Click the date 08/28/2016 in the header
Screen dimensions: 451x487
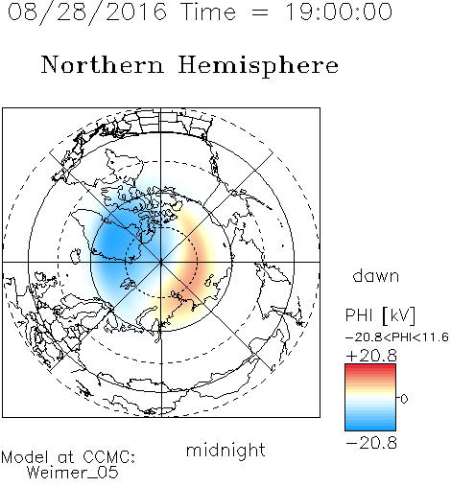coord(87,12)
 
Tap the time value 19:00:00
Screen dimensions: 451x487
coord(338,12)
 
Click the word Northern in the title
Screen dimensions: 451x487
coord(103,64)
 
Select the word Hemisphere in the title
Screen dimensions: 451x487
coord(258,66)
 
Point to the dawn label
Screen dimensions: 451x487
coord(376,275)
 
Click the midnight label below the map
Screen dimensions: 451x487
coord(225,451)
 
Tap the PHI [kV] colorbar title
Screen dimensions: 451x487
coord(380,315)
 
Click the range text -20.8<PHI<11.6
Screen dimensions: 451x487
coord(397,337)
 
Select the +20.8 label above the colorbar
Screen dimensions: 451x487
coord(371,356)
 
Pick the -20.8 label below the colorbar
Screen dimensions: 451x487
coord(371,443)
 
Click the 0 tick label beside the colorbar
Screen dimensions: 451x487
coord(404,399)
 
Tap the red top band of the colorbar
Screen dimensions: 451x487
coord(370,368)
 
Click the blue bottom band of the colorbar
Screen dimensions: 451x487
coord(370,427)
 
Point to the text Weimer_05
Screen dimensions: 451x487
coord(73,472)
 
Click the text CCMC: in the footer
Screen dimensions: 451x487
coord(108,457)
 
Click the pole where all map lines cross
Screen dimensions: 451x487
coord(161,262)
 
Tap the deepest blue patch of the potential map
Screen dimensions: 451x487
coord(112,241)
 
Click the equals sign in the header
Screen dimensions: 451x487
coord(260,12)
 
